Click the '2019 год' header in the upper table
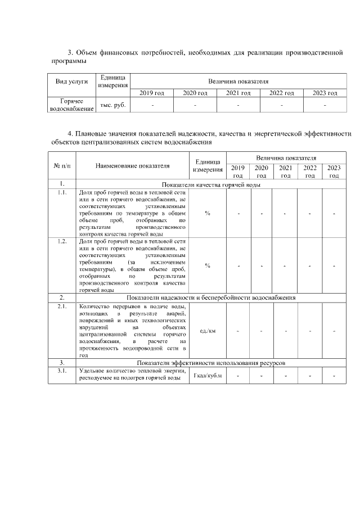tap(152, 93)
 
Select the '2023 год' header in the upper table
tap(325, 93)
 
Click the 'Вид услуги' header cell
tap(71, 81)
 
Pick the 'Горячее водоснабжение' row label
tap(71, 105)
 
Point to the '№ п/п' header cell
tap(61, 166)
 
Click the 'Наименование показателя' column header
tap(132, 166)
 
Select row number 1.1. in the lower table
tap(61, 192)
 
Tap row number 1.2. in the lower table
tap(61, 241)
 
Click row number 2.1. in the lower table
tap(61, 307)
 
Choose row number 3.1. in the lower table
tap(61, 371)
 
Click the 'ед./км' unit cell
tap(208, 331)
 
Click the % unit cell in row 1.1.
tap(208, 213)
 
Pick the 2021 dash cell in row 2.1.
tap(286, 331)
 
